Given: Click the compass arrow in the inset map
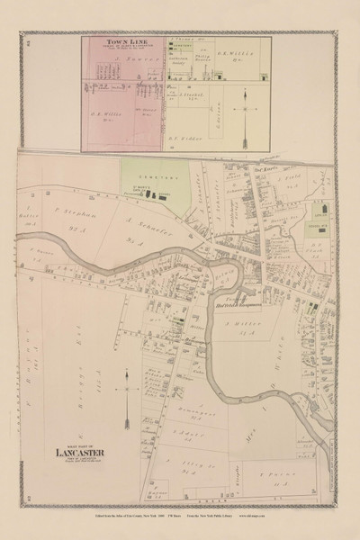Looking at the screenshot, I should (245, 112).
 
